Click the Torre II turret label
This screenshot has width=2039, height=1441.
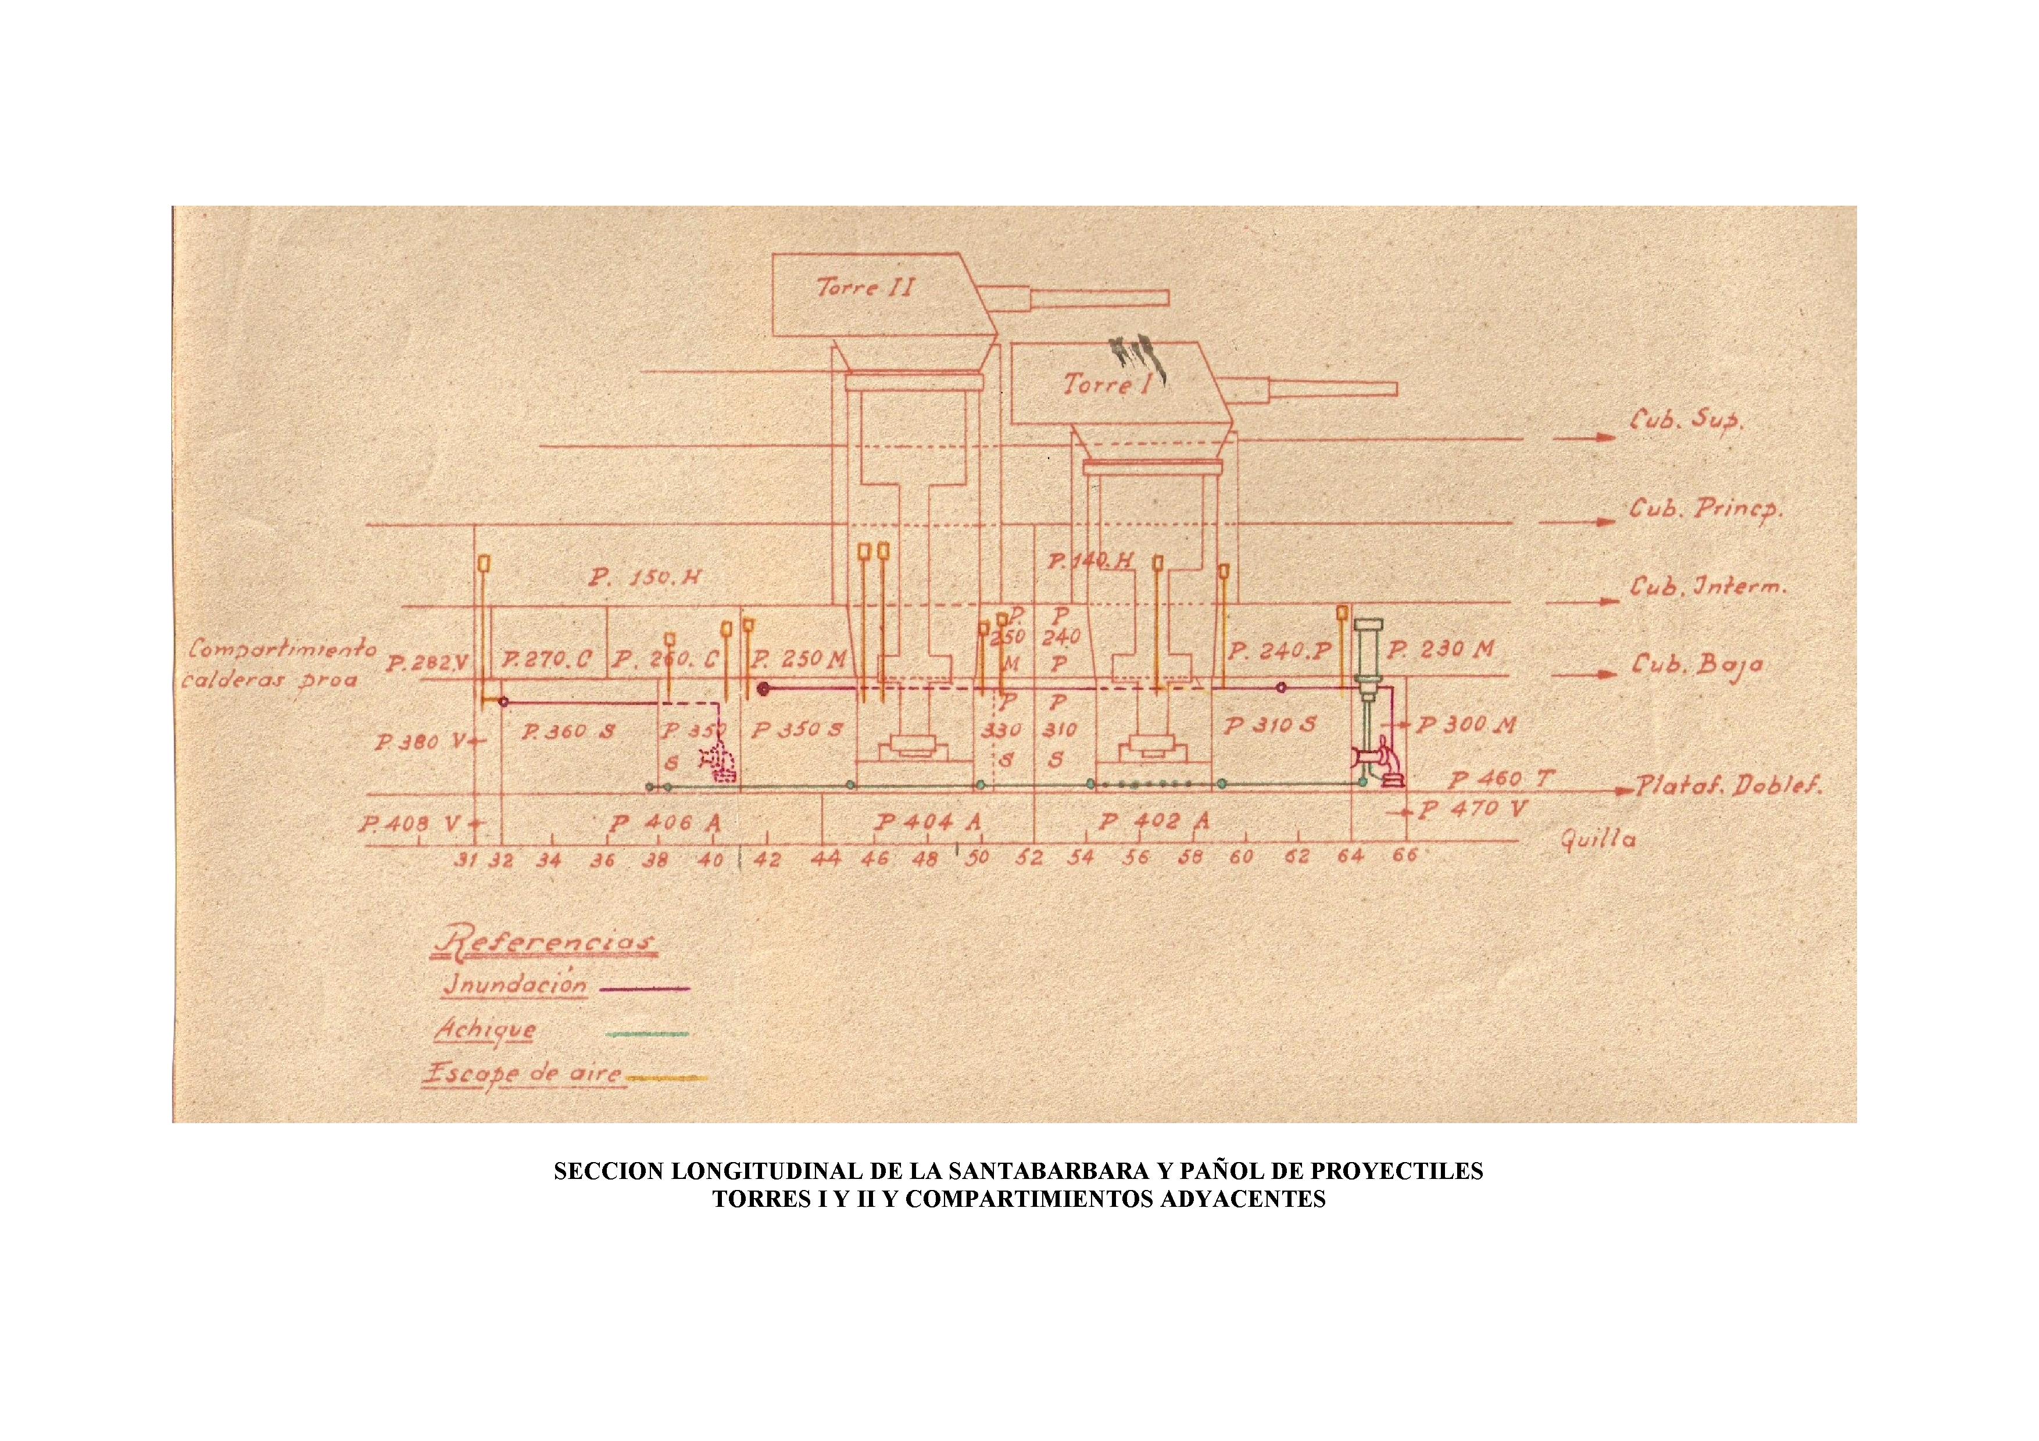[x=865, y=287]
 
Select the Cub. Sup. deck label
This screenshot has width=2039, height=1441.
[x=1686, y=421]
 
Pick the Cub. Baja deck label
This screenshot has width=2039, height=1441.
[x=1694, y=665]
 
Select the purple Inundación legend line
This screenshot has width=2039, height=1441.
[x=645, y=987]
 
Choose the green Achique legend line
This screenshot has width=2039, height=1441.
[x=646, y=1034]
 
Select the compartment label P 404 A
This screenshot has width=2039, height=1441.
[x=927, y=822]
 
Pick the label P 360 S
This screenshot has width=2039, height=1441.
[x=568, y=732]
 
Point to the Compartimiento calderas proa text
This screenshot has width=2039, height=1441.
[x=277, y=664]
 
